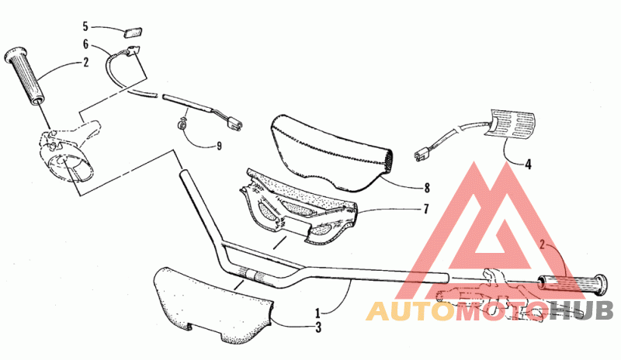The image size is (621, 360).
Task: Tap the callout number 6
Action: [x=86, y=45]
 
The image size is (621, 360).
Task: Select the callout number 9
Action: [x=219, y=144]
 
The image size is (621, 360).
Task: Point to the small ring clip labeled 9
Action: [x=182, y=123]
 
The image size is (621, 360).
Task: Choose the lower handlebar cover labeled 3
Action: [x=210, y=304]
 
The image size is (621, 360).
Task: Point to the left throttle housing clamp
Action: [x=68, y=149]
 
